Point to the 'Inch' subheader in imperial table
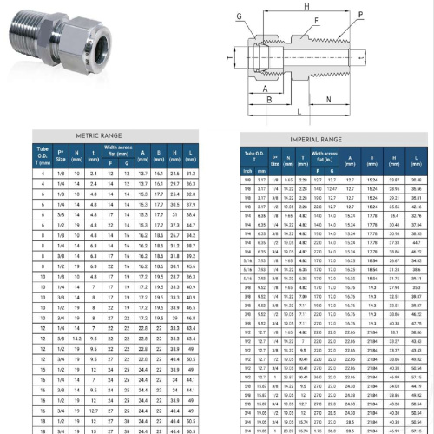(248, 169)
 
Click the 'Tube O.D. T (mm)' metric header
(43, 157)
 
